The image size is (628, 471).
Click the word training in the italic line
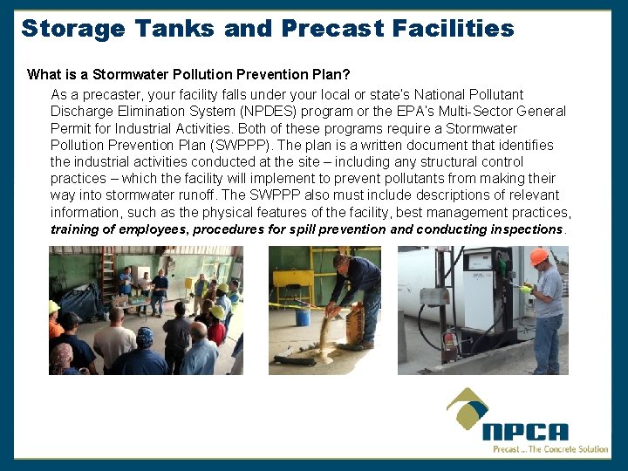75,229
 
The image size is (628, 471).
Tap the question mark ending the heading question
346,74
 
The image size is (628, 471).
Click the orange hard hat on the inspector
539,256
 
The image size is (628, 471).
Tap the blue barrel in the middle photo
302,314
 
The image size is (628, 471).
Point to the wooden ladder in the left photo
108,275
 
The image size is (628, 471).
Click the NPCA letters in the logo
525,431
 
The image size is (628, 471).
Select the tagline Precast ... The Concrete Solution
549,449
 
